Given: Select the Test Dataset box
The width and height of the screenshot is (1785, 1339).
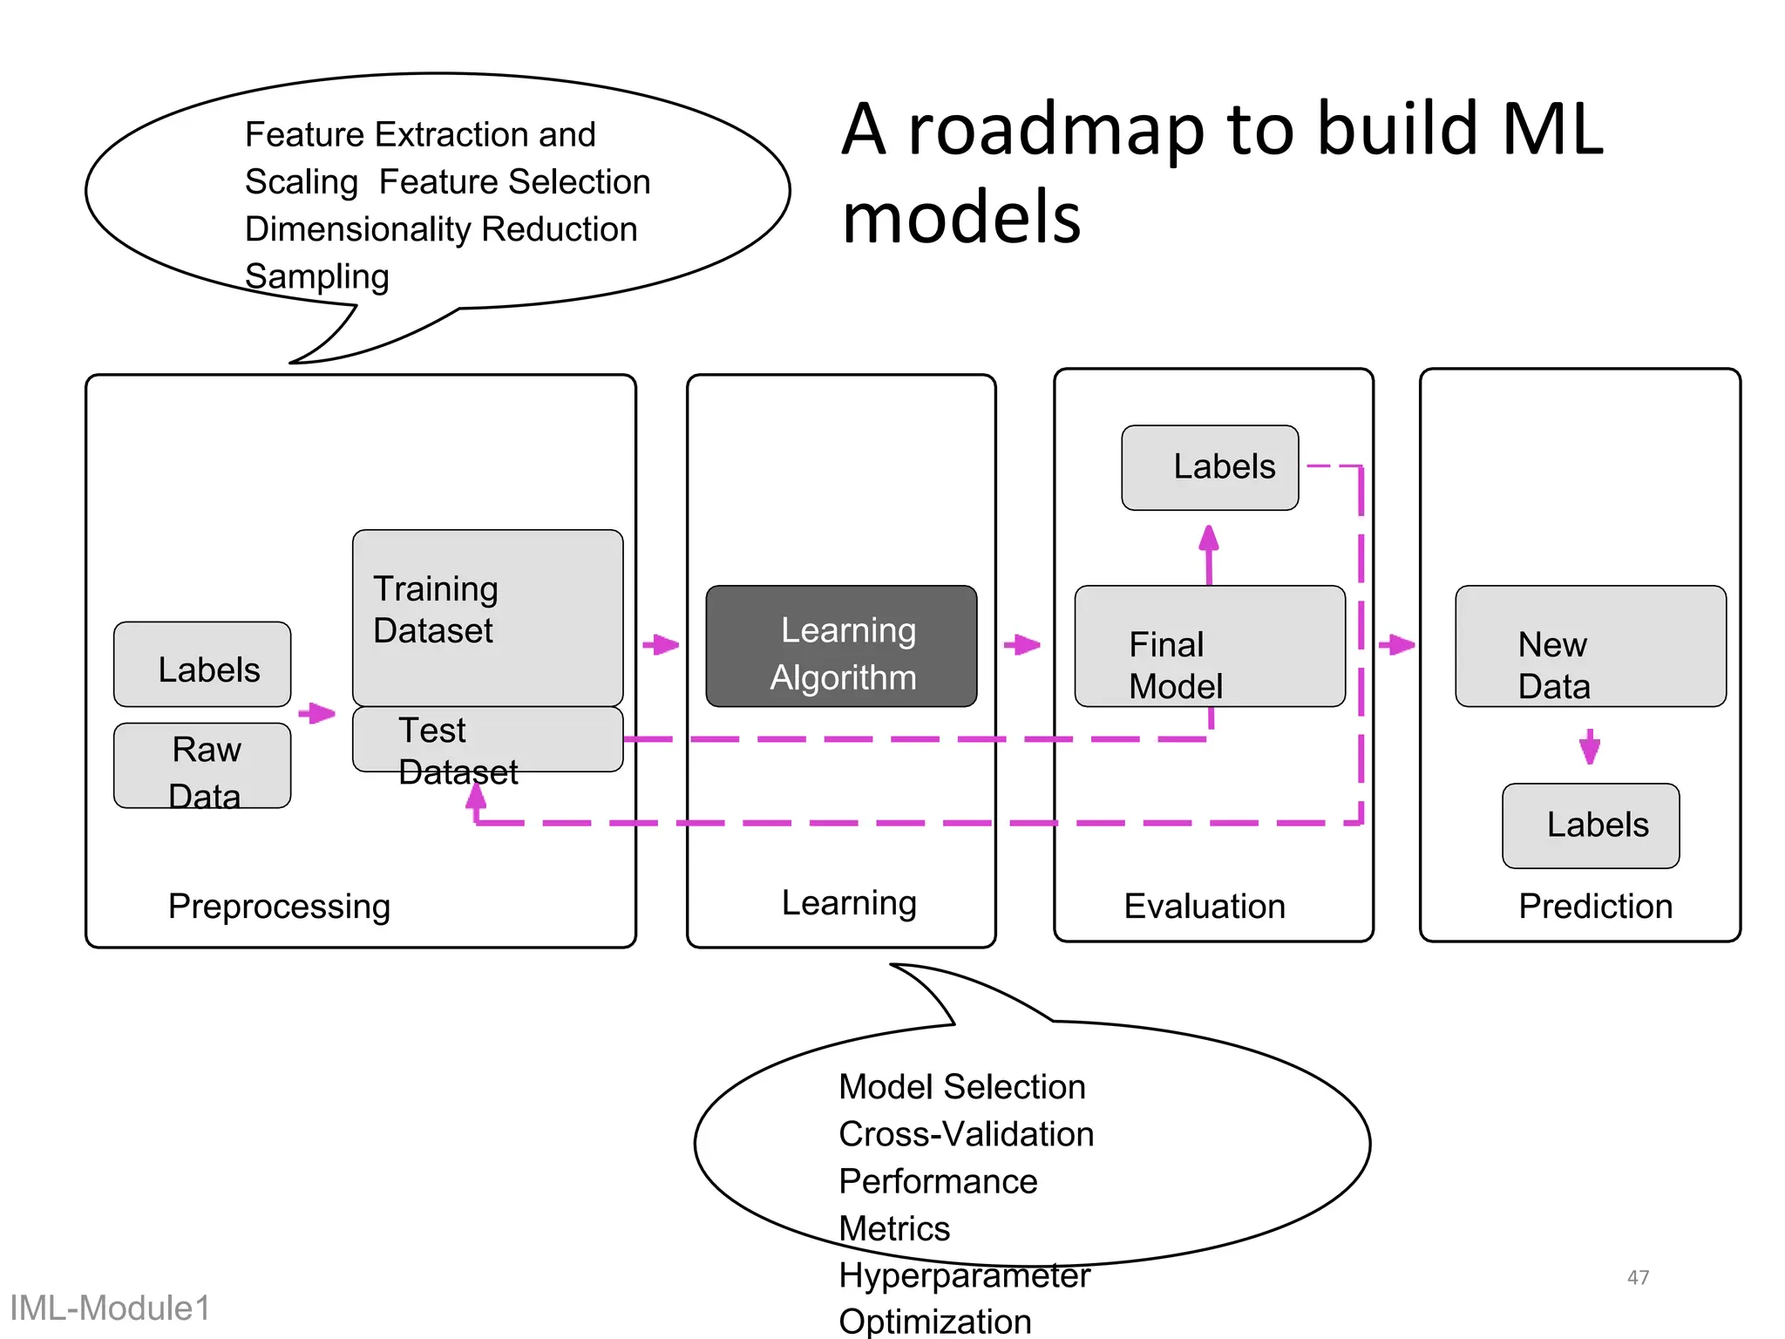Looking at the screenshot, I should click(x=487, y=738).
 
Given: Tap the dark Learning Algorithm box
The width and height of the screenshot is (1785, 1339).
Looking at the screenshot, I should click(x=841, y=646).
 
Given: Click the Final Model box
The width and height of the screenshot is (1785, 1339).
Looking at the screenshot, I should click(x=1209, y=646).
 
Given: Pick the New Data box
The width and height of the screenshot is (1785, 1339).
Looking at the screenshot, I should click(x=1590, y=646).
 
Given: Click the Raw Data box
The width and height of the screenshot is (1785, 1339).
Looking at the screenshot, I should click(x=202, y=765).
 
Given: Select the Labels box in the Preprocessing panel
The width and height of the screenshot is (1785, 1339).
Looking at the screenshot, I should click(x=202, y=664).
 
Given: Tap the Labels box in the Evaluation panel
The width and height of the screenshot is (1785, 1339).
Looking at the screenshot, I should click(x=1209, y=467).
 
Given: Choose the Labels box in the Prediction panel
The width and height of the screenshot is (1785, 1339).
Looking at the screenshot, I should click(x=1590, y=825).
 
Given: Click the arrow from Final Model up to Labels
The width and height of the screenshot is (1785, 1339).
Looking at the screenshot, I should click(x=1208, y=553).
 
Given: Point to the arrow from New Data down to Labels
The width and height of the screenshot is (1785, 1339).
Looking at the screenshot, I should click(x=1590, y=746).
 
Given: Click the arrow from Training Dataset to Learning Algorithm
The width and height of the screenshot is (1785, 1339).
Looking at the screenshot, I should click(x=662, y=645).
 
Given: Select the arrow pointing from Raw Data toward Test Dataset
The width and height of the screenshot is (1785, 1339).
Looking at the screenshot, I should click(x=317, y=713).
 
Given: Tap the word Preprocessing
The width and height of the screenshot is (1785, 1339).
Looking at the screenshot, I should click(x=279, y=907).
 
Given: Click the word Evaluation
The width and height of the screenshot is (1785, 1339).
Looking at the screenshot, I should click(x=1205, y=907).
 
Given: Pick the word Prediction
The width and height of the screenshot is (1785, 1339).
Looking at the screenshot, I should click(x=1595, y=907).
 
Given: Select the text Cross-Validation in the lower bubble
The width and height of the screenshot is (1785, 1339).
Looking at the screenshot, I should click(x=966, y=1134).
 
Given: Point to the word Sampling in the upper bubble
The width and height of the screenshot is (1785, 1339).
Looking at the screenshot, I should click(x=316, y=276).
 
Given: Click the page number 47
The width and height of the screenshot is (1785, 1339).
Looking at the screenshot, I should click(x=1638, y=1277).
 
